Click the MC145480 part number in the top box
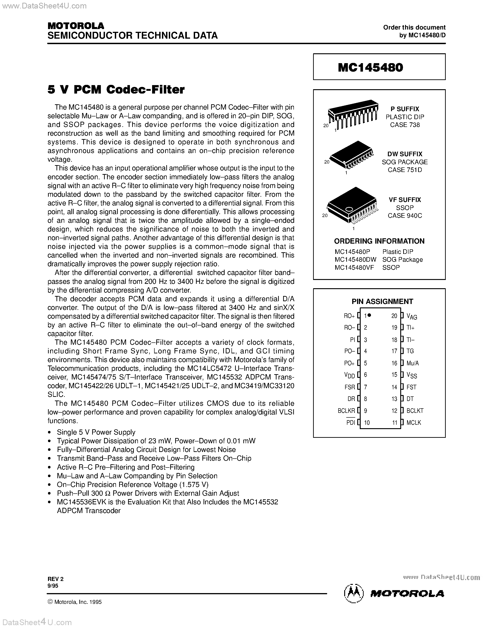(370, 67)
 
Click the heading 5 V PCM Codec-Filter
(116, 90)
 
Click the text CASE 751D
(405, 170)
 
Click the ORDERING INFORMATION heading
(379, 241)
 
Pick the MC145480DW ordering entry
(355, 260)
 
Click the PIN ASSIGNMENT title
(382, 301)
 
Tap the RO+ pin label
(349, 316)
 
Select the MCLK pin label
(414, 422)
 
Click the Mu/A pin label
(413, 363)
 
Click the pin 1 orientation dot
(369, 315)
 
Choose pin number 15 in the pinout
(394, 375)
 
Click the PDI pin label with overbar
(350, 422)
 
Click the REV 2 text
(55, 579)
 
